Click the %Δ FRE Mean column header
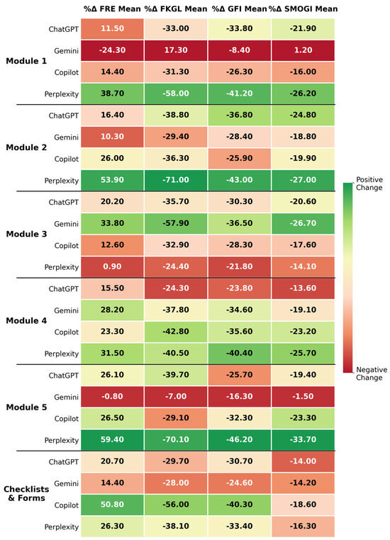(x=112, y=9)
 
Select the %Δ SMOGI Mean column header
(x=303, y=9)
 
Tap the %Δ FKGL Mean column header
(x=176, y=9)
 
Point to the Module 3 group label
(x=26, y=234)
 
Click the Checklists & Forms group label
(x=26, y=493)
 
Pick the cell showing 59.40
(x=112, y=440)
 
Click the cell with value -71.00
(x=176, y=180)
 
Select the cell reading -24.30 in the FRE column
(x=112, y=50)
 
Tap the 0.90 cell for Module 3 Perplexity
(x=112, y=266)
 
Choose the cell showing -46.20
(x=240, y=440)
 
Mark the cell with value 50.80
(x=112, y=505)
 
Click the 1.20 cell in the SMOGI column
(x=303, y=50)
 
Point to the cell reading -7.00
(x=176, y=396)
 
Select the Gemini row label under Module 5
(x=66, y=397)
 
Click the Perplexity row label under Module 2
(x=61, y=181)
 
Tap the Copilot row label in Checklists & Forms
(x=67, y=505)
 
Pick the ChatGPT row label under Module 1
(x=63, y=29)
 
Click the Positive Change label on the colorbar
(x=369, y=184)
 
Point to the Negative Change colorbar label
(x=369, y=373)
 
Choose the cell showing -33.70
(x=303, y=440)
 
